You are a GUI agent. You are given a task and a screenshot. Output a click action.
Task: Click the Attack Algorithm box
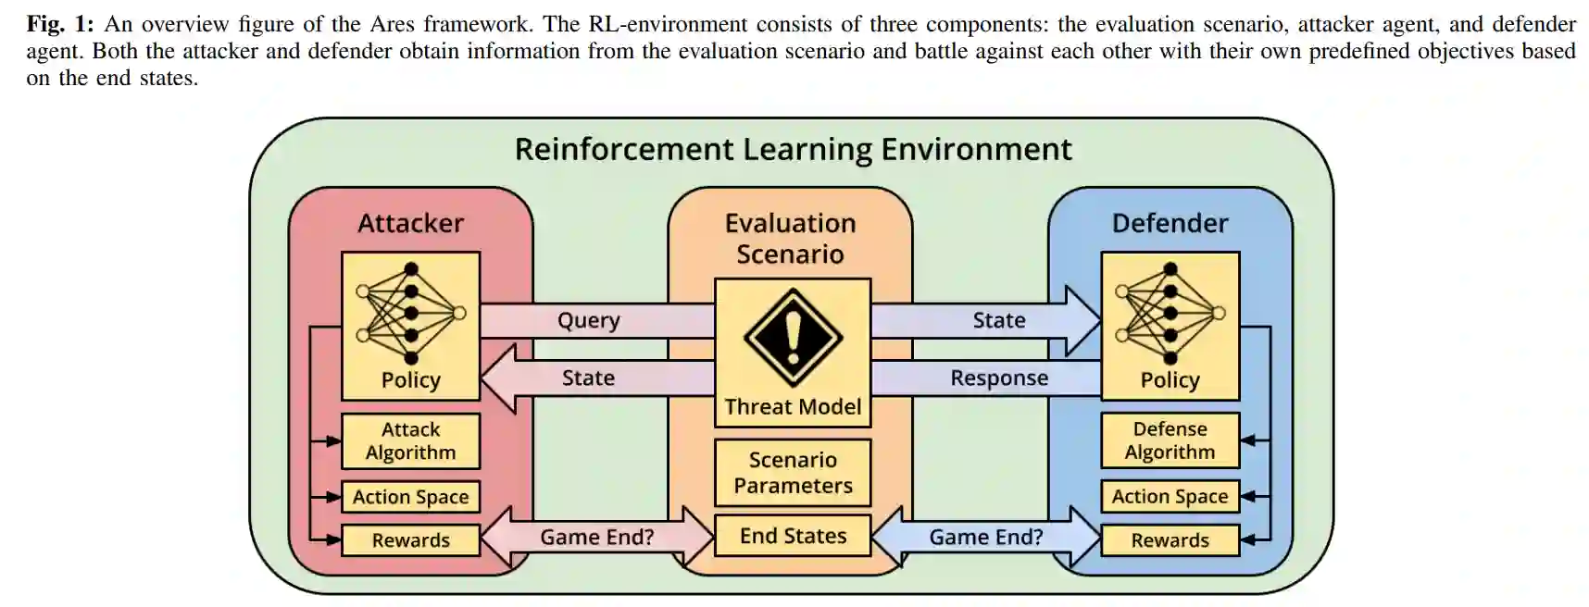pos(410,440)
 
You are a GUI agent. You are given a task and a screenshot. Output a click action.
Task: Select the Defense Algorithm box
pos(1170,440)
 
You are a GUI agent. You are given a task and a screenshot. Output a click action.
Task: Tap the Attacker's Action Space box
pos(410,497)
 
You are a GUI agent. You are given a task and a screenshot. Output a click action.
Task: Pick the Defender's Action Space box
pos(1170,497)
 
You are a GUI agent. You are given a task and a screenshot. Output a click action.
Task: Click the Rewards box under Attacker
pos(410,540)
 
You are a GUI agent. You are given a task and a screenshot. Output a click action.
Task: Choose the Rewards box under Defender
pos(1170,540)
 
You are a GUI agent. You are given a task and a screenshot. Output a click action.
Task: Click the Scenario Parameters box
pos(793,473)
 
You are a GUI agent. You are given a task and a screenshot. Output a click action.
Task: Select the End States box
pos(793,536)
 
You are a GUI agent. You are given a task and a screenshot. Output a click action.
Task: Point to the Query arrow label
pos(589,320)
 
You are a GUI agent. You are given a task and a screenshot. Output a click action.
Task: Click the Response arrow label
pos(998,378)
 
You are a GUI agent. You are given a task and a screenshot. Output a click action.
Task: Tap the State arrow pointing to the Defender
pos(998,320)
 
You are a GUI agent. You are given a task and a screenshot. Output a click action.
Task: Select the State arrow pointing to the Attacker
pos(589,378)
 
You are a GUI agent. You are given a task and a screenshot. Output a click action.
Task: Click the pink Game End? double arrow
pos(597,537)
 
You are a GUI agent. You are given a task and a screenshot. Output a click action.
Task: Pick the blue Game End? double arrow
pos(986,537)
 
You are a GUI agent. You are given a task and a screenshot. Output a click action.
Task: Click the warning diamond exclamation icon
pos(793,338)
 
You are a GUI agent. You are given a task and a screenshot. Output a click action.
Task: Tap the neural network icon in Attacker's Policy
pos(410,314)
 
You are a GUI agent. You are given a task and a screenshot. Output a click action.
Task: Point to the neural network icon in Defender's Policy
pos(1170,314)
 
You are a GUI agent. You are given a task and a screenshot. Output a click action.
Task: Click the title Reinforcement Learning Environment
pos(793,149)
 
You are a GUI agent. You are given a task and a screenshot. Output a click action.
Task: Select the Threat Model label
pos(793,407)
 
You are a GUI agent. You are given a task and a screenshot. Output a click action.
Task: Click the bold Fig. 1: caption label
pos(59,24)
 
